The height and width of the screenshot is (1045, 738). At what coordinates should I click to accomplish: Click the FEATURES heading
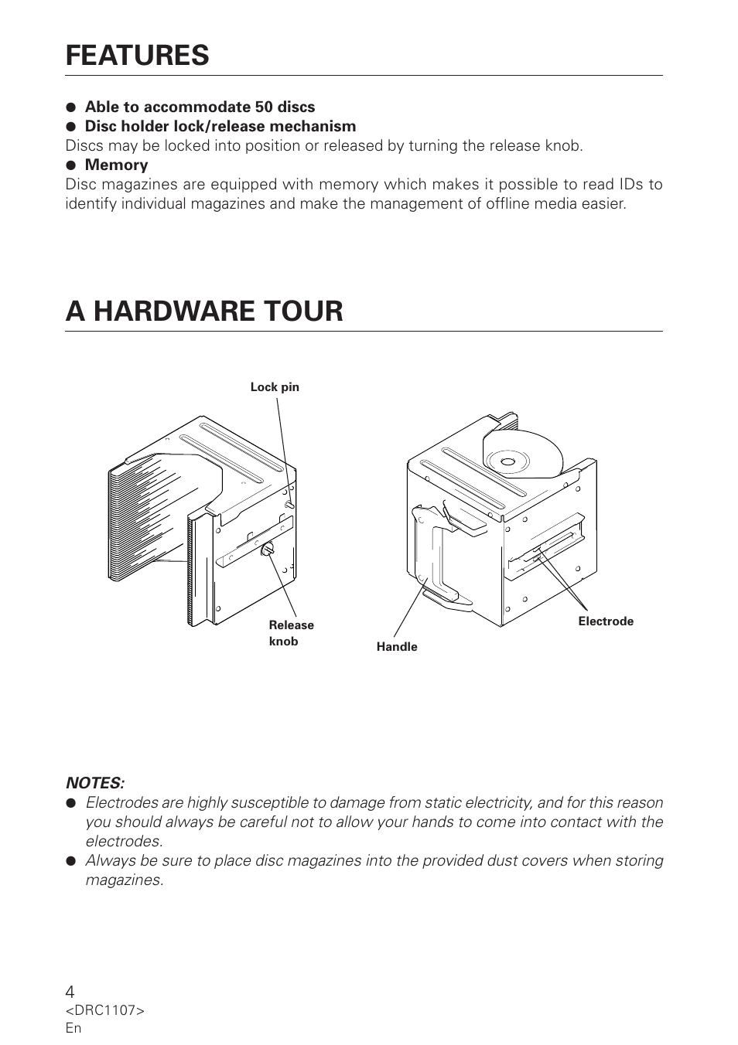(137, 56)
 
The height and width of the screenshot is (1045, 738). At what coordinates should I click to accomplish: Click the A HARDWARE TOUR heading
(204, 311)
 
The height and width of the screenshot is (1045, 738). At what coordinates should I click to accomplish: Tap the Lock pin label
(275, 387)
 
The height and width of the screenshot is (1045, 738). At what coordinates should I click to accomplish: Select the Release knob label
(291, 633)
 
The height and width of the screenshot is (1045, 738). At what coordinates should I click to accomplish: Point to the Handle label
(397, 647)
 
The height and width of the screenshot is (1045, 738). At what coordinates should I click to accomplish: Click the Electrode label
(606, 621)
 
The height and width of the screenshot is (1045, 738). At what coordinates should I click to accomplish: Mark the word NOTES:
(95, 783)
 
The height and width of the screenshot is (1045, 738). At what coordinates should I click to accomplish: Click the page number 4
(70, 992)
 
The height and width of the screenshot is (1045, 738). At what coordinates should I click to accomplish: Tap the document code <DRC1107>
(104, 1011)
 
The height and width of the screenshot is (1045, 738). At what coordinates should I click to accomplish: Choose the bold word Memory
(116, 165)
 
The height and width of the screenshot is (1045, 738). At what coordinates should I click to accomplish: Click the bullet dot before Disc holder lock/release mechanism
(70, 127)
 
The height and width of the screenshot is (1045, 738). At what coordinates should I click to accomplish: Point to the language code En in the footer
(73, 1028)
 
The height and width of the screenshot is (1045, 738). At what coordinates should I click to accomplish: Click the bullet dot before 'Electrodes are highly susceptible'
(70, 803)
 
